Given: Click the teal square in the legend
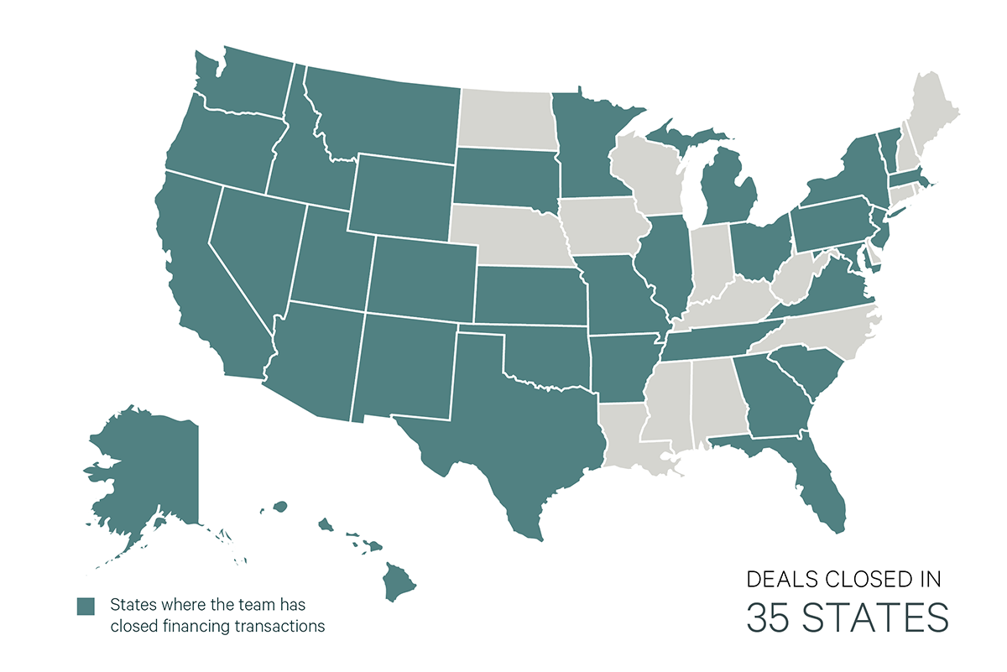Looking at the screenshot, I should click(x=86, y=607).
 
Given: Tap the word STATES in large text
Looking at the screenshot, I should click(x=878, y=617).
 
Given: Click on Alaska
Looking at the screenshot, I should click(x=143, y=470).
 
